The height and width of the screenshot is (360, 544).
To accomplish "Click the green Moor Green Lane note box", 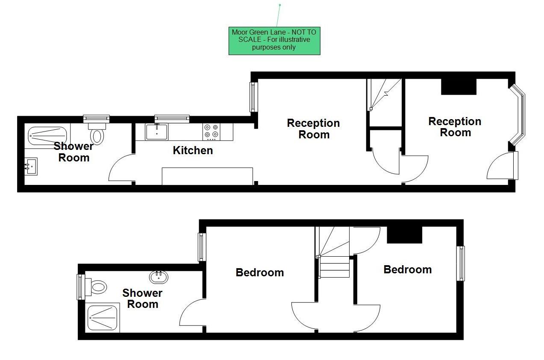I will [274, 41].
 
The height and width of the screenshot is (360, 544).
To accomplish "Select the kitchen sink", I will [157, 132].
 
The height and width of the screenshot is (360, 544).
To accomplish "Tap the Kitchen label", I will [193, 150].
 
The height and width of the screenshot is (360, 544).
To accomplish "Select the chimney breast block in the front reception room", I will [459, 87].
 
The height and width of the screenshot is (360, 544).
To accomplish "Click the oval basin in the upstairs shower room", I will [159, 277].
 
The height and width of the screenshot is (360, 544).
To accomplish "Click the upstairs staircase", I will [334, 254].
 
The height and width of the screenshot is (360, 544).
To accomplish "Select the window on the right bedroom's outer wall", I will [460, 263].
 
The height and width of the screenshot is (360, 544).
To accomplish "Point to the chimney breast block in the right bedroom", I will [404, 234].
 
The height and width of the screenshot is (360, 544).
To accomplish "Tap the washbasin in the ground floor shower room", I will [31, 167].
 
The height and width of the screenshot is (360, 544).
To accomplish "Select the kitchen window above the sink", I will [172, 118].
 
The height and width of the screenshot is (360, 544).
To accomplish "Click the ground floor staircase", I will [384, 94].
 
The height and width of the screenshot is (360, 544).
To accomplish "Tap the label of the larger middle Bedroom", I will [260, 272].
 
